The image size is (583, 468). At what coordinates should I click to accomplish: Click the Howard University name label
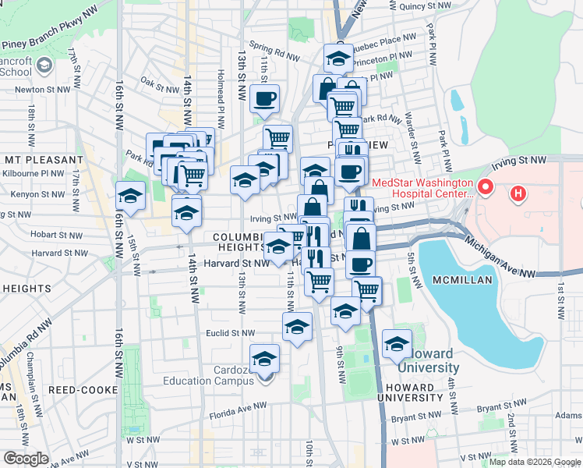tap(429, 367)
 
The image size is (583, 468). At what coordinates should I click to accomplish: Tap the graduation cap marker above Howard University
tap(397, 343)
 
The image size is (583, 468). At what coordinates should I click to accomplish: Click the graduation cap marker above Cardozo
tap(266, 358)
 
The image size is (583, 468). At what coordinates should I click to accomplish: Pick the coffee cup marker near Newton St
tap(265, 99)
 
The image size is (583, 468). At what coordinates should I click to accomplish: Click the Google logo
tap(26, 459)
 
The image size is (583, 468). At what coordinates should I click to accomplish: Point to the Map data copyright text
tap(535, 462)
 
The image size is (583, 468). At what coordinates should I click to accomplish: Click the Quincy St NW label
tap(425, 5)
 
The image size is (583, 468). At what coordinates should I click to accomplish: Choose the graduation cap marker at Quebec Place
tap(338, 58)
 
